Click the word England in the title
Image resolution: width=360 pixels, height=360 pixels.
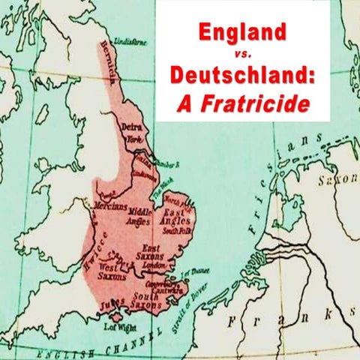242,32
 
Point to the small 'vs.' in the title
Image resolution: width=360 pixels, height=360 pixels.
243,54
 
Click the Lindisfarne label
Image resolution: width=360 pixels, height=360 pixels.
132,43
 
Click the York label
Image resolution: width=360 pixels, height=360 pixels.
134,140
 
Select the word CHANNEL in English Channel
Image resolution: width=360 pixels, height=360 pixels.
124,343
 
